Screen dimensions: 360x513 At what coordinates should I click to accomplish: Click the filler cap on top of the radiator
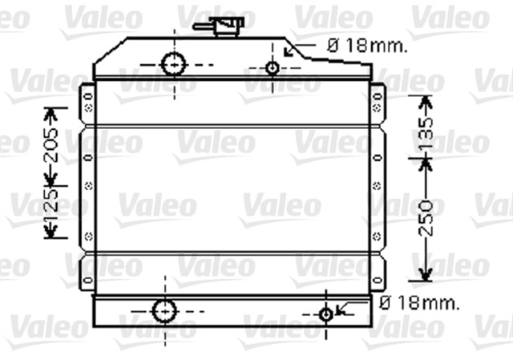coord(229,26)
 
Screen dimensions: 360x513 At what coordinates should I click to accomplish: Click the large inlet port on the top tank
coord(172,63)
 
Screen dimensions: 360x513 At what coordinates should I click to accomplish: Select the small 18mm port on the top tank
coord(273,68)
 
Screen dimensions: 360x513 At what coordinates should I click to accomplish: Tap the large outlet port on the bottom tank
coord(163,309)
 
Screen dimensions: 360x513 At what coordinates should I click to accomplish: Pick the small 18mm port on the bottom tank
coord(326,313)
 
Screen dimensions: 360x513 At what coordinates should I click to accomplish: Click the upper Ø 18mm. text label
coord(366,46)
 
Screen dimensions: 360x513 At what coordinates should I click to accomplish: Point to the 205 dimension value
coord(52,144)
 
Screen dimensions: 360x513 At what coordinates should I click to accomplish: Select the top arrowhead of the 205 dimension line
coord(52,113)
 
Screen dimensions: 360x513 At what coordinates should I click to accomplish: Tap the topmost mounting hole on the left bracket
coord(86,95)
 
